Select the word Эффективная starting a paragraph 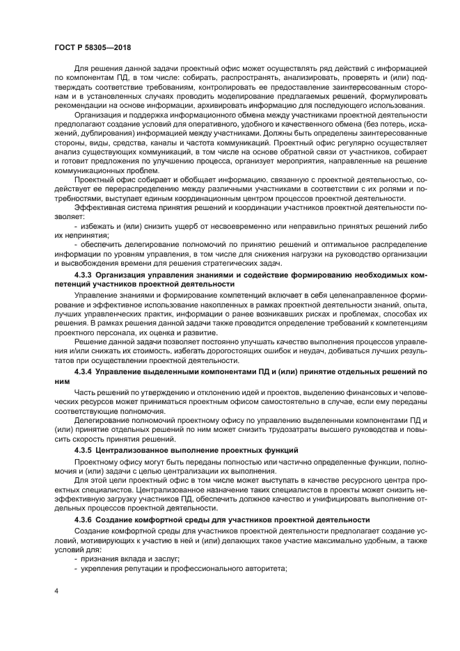point(101,207)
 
